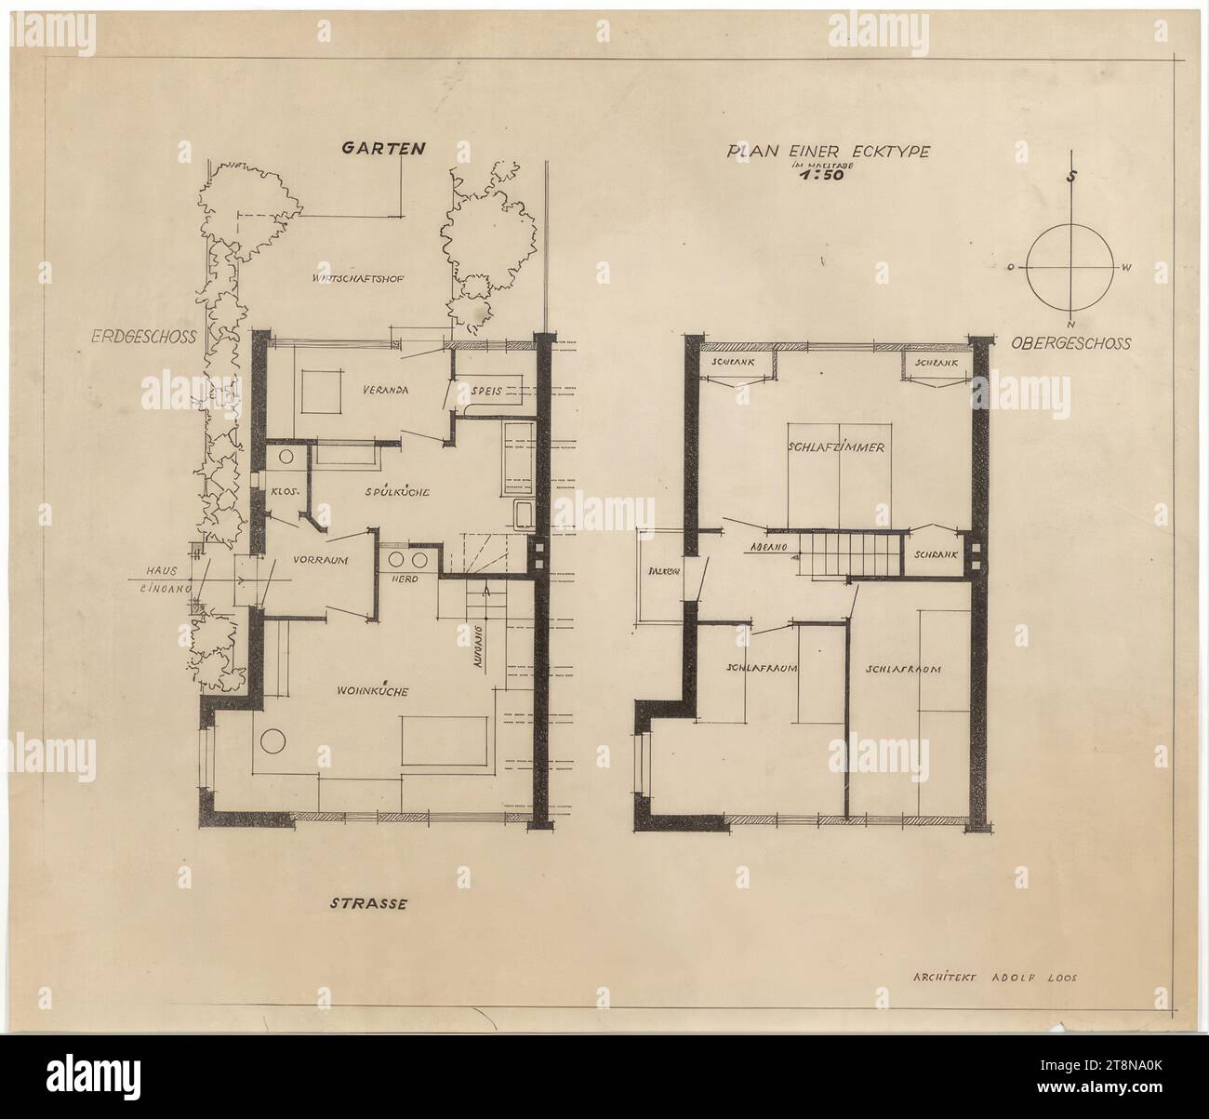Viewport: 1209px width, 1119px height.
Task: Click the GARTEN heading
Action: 383,147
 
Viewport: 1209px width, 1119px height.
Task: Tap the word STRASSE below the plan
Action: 369,902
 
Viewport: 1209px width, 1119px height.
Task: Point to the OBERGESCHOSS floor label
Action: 1071,343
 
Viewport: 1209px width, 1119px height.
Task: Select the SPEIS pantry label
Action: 486,392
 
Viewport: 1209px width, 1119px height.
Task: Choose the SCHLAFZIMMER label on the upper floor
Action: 835,447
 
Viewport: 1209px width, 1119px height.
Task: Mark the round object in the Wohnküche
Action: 272,741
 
